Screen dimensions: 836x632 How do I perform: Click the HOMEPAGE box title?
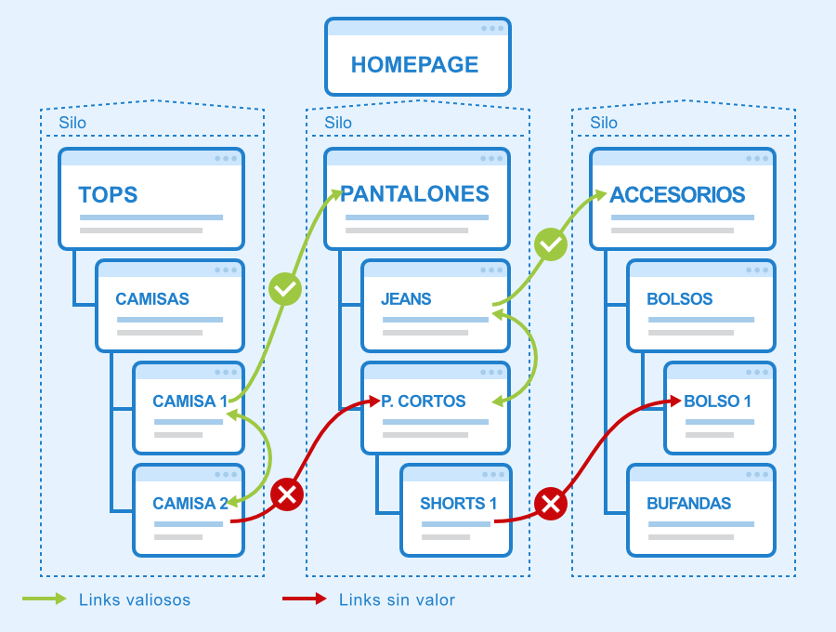[x=415, y=64]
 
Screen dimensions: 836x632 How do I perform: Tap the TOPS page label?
[x=109, y=194]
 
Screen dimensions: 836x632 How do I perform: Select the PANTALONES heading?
[x=415, y=194]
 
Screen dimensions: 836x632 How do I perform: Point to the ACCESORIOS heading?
[x=677, y=194]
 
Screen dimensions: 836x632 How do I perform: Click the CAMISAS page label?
[x=152, y=298]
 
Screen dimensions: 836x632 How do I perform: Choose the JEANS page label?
[x=406, y=298]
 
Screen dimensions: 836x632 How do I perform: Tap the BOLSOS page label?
[x=680, y=298]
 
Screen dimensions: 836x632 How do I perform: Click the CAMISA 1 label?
[x=189, y=402]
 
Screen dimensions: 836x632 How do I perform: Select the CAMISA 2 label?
[x=190, y=504]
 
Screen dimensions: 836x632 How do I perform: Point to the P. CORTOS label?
[x=424, y=402]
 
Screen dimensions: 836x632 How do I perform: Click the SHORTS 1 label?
[x=459, y=504]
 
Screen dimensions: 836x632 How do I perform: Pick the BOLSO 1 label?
[x=718, y=402]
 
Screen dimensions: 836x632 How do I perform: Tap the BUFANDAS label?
[x=689, y=504]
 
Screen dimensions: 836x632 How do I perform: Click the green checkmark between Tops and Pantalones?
[x=285, y=289]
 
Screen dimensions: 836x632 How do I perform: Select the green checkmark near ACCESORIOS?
[x=551, y=244]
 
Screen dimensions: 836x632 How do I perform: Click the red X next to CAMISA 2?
[x=287, y=494]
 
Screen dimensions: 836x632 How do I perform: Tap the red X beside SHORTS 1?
[x=551, y=503]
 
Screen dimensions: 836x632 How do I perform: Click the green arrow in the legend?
[x=45, y=599]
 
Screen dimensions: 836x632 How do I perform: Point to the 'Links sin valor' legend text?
[x=398, y=600]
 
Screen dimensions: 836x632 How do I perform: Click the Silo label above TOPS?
[x=72, y=124]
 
